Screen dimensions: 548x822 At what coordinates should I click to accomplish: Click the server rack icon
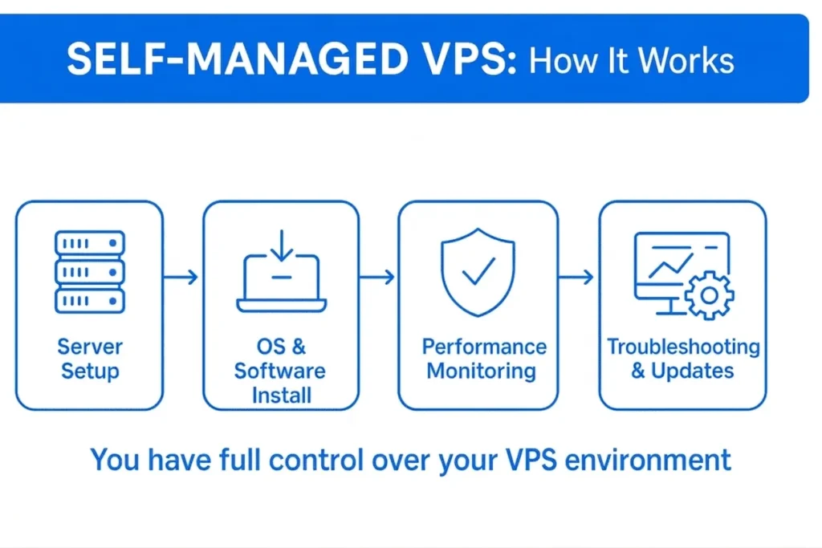[x=89, y=271]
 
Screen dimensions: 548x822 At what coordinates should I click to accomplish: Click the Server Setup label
[x=89, y=359]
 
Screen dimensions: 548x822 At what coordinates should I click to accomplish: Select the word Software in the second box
[x=280, y=371]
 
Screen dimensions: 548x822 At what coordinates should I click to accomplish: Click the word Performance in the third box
[x=484, y=347]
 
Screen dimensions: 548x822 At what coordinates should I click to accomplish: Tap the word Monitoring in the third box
[x=481, y=371]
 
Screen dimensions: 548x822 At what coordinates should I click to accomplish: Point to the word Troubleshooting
[x=683, y=347]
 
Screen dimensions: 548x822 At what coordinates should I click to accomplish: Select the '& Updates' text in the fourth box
[x=683, y=371]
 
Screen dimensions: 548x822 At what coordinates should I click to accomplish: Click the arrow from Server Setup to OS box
[x=181, y=278]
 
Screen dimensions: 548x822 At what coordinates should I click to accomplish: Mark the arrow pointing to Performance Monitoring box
[x=377, y=278]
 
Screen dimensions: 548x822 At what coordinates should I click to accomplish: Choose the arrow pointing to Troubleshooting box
[x=576, y=278]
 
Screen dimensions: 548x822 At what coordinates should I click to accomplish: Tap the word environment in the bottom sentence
[x=651, y=460]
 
